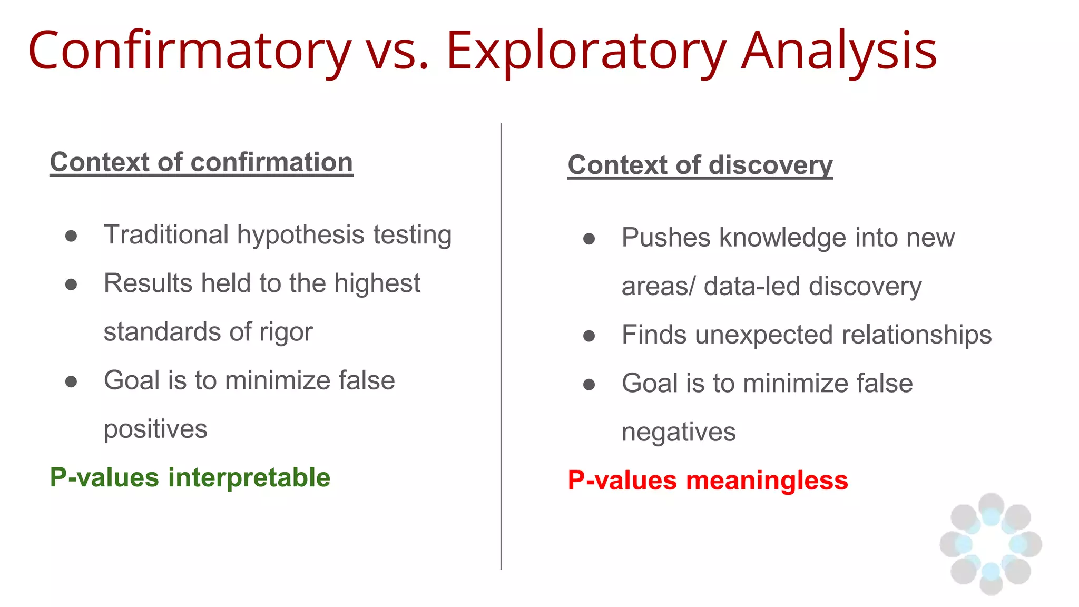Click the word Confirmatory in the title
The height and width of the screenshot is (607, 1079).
[190, 51]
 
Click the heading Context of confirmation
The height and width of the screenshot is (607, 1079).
[201, 162]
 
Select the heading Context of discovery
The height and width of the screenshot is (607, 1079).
[700, 165]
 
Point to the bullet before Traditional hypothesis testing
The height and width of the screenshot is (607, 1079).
[71, 236]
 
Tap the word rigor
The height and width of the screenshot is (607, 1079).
[286, 332]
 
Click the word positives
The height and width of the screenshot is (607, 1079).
[155, 429]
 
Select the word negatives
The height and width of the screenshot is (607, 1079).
[678, 433]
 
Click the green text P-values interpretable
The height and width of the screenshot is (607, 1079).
[190, 478]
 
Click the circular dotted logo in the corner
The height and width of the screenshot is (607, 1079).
[990, 544]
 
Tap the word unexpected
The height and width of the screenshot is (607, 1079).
[764, 335]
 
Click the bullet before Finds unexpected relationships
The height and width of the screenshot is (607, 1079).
[589, 336]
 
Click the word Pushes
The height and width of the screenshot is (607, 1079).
[666, 238]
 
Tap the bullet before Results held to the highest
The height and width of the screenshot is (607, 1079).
[71, 285]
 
